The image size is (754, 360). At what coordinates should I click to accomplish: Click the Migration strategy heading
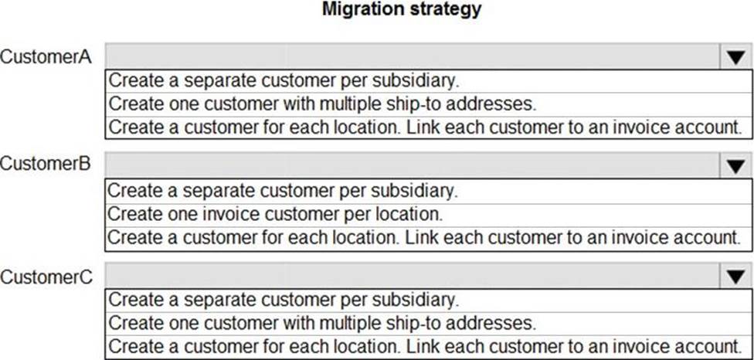[402, 8]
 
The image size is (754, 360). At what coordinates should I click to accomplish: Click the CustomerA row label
[46, 56]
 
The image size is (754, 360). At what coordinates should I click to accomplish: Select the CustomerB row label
[46, 164]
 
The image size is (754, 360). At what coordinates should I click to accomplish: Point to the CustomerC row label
[46, 277]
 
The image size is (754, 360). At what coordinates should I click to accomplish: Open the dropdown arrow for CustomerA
[735, 57]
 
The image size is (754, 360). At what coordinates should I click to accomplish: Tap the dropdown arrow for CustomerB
[735, 166]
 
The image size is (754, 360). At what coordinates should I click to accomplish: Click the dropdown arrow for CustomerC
[735, 276]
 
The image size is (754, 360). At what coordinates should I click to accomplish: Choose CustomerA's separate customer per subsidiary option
[284, 81]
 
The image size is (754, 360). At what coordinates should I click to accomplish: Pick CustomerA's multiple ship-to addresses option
[322, 104]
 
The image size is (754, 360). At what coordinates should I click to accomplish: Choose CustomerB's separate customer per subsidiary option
[283, 191]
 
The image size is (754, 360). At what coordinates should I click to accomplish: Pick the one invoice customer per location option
[275, 214]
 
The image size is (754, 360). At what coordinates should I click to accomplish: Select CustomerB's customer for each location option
[423, 237]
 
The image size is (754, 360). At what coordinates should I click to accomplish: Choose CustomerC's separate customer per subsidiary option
[284, 300]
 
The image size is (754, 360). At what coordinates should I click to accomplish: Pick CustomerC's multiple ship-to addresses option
[322, 323]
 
